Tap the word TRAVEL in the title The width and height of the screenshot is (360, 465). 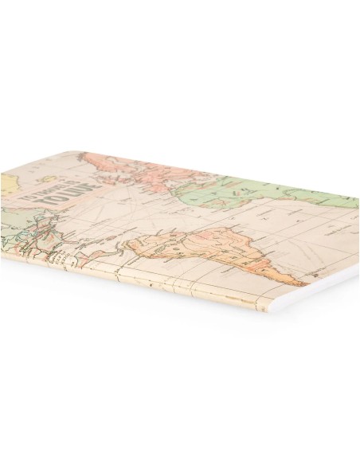[65, 191]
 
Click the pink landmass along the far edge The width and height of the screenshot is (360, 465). [143, 169]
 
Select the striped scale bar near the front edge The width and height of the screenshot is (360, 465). [59, 260]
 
